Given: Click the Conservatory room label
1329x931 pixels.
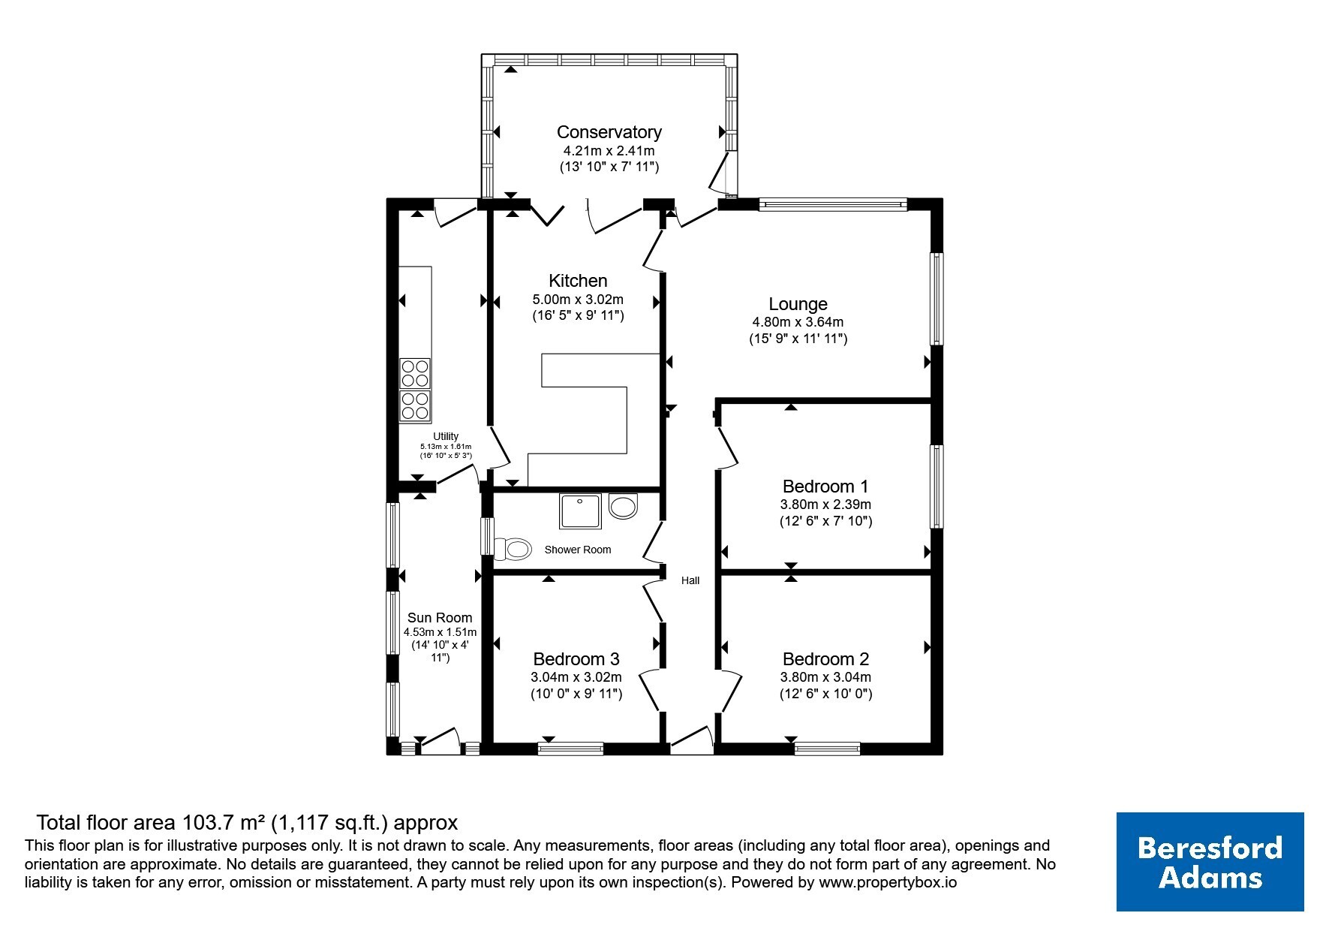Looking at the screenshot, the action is point(609,132).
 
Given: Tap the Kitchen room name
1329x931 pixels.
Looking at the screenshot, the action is point(578,281).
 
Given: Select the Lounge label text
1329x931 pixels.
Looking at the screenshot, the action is point(798,304).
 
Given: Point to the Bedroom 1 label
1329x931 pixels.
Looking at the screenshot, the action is point(825,486).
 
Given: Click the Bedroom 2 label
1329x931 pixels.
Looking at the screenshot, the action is point(825,659).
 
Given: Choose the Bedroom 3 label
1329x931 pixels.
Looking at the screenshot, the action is point(576,659).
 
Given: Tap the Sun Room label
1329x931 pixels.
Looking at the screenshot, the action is point(440,618).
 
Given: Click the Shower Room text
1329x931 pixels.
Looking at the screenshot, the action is point(578,550).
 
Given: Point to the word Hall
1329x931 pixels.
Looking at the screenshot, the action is point(690,580).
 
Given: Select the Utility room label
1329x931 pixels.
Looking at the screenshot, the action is point(446,436).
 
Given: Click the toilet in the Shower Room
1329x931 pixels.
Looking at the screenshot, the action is point(512,549).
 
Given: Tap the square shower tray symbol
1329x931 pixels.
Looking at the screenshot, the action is point(580,511).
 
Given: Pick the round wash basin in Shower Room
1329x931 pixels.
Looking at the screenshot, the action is point(623,507).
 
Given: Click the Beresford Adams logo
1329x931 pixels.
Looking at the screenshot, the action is point(1210,862).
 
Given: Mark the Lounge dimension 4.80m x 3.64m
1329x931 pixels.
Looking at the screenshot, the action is point(798,322).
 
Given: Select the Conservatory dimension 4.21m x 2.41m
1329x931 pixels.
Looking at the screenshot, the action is point(609,151).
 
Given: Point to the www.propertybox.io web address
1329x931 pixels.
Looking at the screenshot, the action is point(888,883).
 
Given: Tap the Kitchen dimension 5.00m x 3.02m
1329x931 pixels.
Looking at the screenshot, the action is point(578,300).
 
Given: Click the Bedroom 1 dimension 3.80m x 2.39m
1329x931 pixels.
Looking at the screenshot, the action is point(825,505).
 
